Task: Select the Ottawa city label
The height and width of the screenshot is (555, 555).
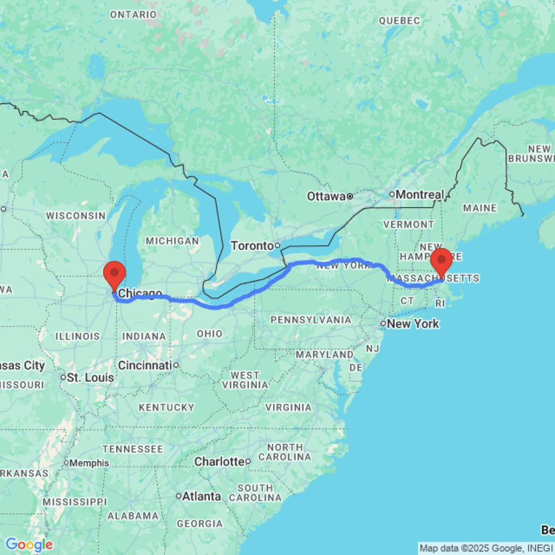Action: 327,196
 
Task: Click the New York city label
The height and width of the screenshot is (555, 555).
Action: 413,324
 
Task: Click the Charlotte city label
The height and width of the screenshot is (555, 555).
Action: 219,461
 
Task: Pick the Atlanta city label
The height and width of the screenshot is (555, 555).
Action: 202,496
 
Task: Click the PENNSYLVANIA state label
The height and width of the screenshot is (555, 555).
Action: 311,320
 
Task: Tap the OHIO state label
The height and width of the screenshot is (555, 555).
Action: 210,334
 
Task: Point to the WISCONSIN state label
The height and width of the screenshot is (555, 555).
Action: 75,215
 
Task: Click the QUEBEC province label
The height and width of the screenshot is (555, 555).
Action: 399,21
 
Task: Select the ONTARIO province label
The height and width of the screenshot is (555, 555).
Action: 133,14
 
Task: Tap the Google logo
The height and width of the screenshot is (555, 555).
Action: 29,545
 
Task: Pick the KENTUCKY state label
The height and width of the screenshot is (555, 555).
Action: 167,407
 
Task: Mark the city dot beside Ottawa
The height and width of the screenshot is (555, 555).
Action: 350,196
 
